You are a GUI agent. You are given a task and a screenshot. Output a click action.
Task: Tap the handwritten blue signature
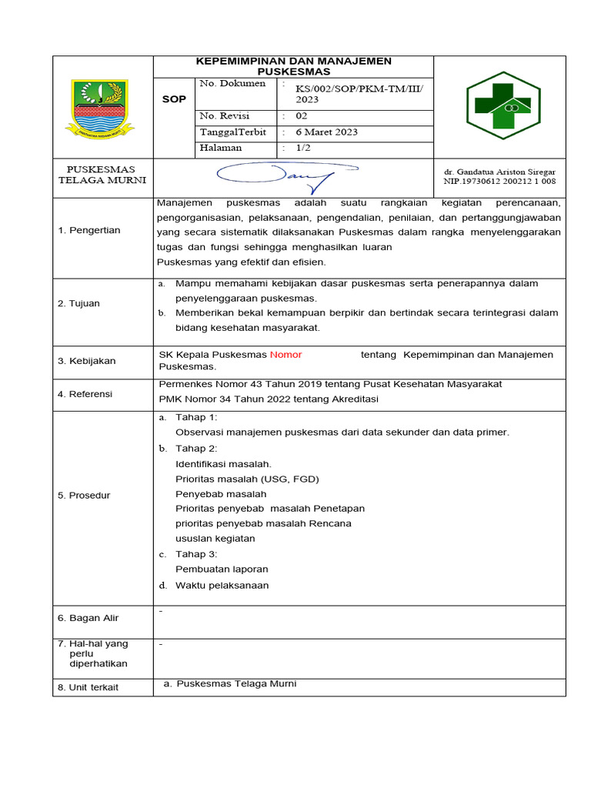286,176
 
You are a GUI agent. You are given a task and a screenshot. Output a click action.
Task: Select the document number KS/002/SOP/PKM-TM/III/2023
354,95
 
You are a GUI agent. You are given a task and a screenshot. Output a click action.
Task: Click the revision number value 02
301,116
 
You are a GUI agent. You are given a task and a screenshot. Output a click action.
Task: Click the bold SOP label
175,99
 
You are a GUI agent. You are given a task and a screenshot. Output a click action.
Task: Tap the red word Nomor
285,355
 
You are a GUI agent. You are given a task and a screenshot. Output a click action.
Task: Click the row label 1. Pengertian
89,230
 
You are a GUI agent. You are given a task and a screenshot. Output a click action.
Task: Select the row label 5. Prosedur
84,496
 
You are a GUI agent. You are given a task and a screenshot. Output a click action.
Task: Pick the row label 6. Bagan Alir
88,618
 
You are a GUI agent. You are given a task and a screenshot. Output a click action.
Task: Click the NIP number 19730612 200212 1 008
509,182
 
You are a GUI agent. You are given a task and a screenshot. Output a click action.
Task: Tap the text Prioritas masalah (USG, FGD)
247,479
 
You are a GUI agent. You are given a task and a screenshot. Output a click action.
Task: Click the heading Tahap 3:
196,554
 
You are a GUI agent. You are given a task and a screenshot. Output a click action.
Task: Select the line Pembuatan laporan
222,569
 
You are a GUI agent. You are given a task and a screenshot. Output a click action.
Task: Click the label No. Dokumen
232,83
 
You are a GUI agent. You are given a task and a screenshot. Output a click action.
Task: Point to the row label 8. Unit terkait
88,687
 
